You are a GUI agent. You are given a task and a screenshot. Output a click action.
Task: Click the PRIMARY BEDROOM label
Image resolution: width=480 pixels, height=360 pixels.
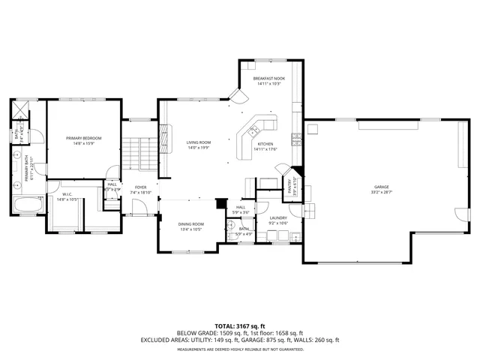coord(83,138)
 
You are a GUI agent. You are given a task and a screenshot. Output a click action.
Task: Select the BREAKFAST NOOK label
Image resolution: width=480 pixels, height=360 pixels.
coord(268,78)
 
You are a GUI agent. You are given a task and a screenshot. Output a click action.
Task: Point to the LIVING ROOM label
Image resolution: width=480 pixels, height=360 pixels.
coord(199,142)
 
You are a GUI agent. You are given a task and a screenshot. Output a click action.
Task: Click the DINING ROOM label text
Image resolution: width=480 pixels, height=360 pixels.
coord(190,224)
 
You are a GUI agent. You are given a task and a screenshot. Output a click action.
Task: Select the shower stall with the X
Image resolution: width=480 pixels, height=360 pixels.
coord(19,108)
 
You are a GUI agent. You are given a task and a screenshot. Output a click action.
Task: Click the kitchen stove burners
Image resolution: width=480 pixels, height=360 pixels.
coord(297,138)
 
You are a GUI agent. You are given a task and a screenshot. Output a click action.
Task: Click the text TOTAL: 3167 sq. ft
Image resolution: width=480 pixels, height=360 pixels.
coord(239,326)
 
